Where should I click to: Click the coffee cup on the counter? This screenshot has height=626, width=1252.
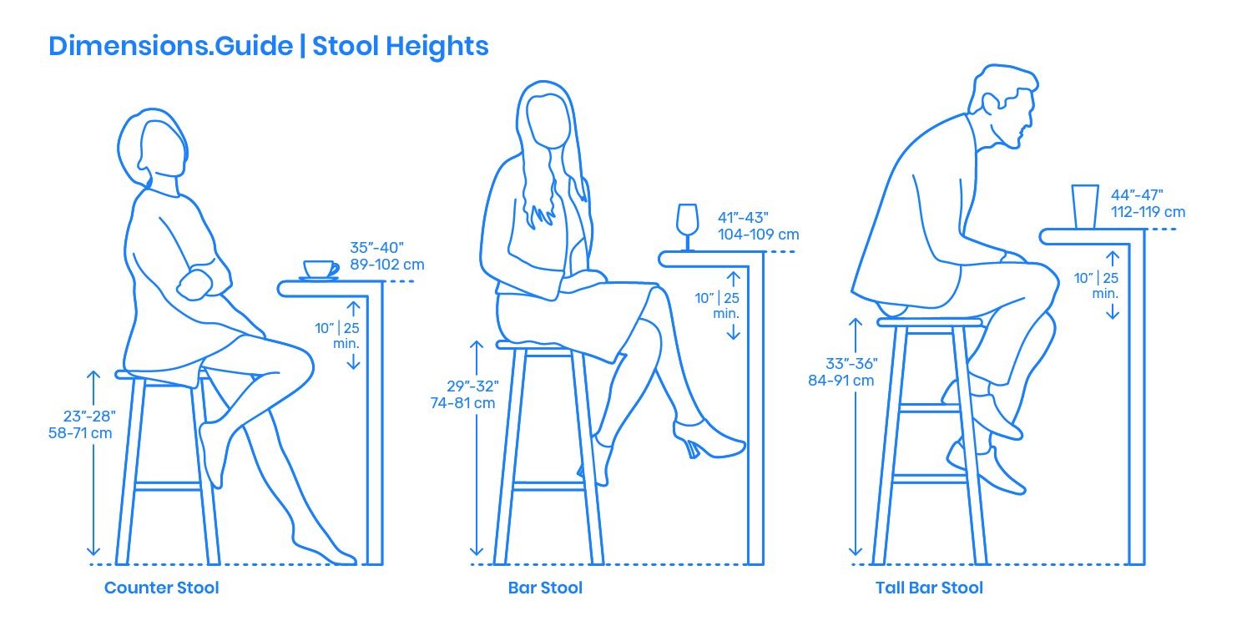(321, 270)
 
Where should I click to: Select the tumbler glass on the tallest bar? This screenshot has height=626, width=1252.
(1085, 206)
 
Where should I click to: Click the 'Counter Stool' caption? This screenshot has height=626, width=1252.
(162, 588)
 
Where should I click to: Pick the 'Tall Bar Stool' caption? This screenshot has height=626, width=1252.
(929, 588)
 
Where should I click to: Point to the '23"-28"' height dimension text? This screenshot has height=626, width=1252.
(89, 416)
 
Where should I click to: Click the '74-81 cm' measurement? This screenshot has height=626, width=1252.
(462, 403)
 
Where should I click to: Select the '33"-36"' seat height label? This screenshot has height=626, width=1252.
(852, 364)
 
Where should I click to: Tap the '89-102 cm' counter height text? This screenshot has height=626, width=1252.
(387, 265)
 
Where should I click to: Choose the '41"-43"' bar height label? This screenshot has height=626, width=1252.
(744, 217)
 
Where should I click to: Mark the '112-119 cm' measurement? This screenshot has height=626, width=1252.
(1148, 212)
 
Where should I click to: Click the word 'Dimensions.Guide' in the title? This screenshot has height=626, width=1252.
(170, 46)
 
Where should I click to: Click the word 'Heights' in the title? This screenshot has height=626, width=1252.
(437, 46)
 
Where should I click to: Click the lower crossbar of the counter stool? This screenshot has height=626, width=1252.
(168, 487)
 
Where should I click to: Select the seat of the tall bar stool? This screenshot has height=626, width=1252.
(930, 322)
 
